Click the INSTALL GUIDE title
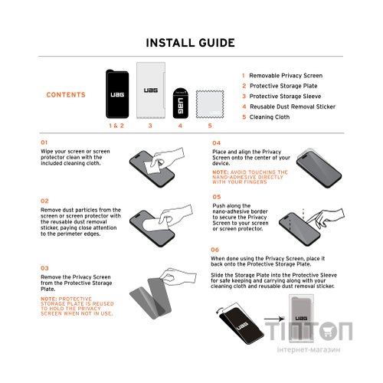pyautogui.click(x=191, y=42)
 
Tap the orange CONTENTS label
pyautogui.click(x=66, y=95)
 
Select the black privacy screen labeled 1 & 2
pyautogui.click(x=117, y=93)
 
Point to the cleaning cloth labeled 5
pyautogui.click(x=210, y=102)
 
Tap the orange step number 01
pyautogui.click(x=44, y=142)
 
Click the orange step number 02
pyautogui.click(x=44, y=201)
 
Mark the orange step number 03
pyautogui.click(x=44, y=268)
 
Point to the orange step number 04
pyautogui.click(x=217, y=142)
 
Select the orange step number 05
pyautogui.click(x=217, y=197)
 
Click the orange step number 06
pyautogui.click(x=217, y=250)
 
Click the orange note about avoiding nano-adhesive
pyautogui.click(x=250, y=178)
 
